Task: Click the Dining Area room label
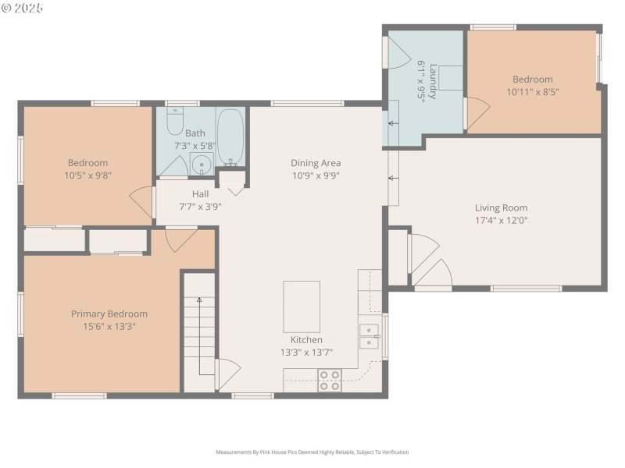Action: [316, 163]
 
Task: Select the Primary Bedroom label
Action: [109, 314]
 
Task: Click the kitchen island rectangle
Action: [302, 307]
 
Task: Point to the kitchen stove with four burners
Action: [329, 380]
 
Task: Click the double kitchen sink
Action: [369, 335]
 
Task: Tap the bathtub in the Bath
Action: [230, 137]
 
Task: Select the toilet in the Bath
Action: [174, 125]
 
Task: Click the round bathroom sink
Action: [202, 165]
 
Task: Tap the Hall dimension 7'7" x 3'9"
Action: [201, 207]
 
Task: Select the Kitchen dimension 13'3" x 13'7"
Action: [306, 352]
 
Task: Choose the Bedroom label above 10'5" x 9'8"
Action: [87, 163]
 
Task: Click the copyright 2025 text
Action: [23, 8]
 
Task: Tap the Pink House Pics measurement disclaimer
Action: [312, 452]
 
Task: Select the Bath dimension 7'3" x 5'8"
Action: [195, 145]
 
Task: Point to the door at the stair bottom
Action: [227, 373]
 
